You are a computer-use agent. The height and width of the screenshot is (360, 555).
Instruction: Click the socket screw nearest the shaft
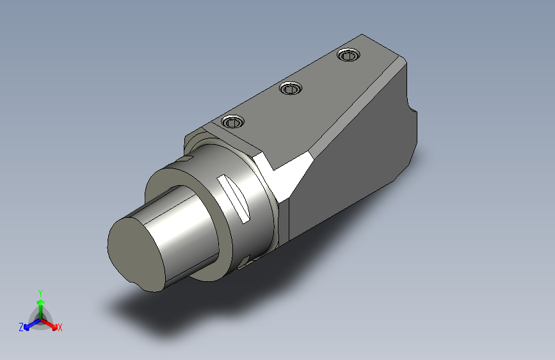pyautogui.click(x=232, y=122)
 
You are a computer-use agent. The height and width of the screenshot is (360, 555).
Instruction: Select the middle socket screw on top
pyautogui.click(x=291, y=88)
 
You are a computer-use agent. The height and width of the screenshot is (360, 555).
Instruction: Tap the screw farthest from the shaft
pyautogui.click(x=349, y=55)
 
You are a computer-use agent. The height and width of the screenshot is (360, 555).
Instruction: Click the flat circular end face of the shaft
pyautogui.click(x=136, y=254)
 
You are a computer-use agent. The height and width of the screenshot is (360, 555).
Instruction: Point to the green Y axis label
pyautogui.click(x=40, y=293)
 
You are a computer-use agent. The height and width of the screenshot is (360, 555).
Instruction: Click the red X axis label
pyautogui.click(x=60, y=327)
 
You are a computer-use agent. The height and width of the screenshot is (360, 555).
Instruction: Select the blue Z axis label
pyautogui.click(x=21, y=327)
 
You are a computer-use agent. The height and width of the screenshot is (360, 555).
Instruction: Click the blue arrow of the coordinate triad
pyautogui.click(x=33, y=323)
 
